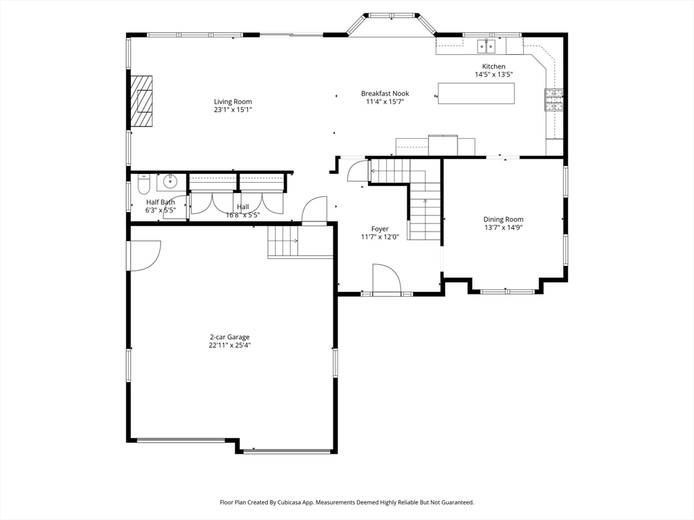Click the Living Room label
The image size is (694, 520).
tap(233, 102)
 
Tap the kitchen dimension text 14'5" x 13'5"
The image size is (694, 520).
tap(493, 74)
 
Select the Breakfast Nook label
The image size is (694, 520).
tap(385, 93)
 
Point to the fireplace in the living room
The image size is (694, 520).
tap(141, 102)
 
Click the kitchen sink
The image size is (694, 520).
tap(487, 45)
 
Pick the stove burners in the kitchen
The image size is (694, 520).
tap(554, 100)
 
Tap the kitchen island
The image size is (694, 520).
tap(476, 93)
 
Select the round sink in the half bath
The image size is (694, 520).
tap(169, 181)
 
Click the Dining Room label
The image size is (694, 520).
tap(504, 219)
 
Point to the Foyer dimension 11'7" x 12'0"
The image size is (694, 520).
tap(380, 237)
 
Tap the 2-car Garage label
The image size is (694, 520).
tap(229, 337)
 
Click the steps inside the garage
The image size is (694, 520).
tap(283, 241)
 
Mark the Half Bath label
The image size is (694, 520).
tap(161, 202)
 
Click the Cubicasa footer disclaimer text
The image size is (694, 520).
tap(347, 502)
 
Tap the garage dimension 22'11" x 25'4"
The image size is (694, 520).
tap(230, 345)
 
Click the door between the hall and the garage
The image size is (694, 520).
tap(314, 211)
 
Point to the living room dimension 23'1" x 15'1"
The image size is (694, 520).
tap(233, 110)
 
